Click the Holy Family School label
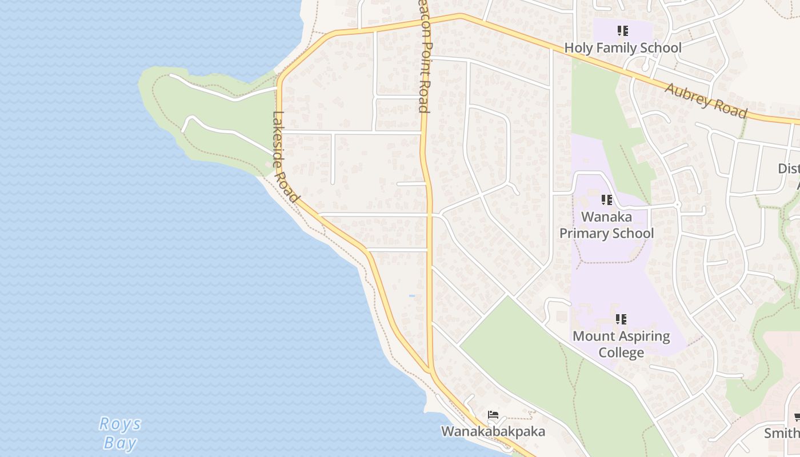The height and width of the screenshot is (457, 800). (x=623, y=48)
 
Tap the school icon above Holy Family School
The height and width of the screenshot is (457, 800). (x=623, y=31)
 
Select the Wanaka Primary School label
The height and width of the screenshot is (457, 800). (x=606, y=225)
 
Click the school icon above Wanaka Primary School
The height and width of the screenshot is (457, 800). (x=607, y=200)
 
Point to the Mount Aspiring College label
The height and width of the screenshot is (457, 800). (x=621, y=344)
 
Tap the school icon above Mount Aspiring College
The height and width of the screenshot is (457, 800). (x=622, y=319)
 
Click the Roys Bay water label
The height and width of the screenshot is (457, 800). (x=120, y=433)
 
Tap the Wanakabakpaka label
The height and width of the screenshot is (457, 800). (x=493, y=431)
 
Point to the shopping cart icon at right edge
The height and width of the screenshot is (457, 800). (x=797, y=418)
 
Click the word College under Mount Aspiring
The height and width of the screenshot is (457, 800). (x=621, y=352)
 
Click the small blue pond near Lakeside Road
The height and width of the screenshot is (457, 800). (x=411, y=295)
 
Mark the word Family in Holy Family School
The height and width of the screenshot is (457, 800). (x=621, y=48)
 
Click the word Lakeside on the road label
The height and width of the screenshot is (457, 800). (x=279, y=137)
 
